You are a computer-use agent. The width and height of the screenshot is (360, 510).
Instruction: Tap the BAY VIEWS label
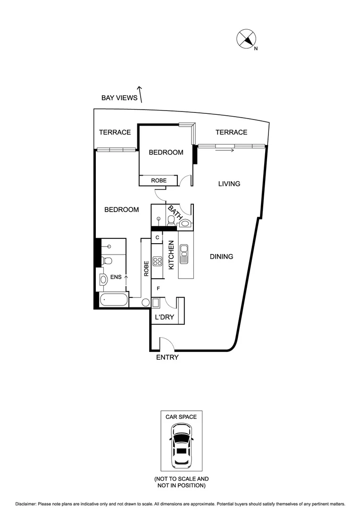tap(119, 98)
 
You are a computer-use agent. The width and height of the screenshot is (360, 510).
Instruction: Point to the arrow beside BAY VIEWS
tap(140, 94)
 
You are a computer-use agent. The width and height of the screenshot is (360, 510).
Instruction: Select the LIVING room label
tap(229, 184)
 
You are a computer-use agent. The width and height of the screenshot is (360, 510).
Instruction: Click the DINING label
tap(222, 257)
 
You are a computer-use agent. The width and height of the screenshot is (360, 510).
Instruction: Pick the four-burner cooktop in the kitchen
tap(158, 263)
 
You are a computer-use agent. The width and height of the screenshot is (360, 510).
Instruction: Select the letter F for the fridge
tap(158, 288)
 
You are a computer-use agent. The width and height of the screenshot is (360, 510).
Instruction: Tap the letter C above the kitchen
tap(157, 237)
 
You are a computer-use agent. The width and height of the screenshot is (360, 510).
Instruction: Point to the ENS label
tap(115, 278)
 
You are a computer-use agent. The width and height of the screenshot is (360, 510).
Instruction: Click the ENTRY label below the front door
tap(167, 357)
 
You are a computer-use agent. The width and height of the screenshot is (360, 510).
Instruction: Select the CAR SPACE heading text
tap(181, 417)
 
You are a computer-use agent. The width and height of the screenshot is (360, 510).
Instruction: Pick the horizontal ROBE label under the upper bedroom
tap(159, 180)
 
